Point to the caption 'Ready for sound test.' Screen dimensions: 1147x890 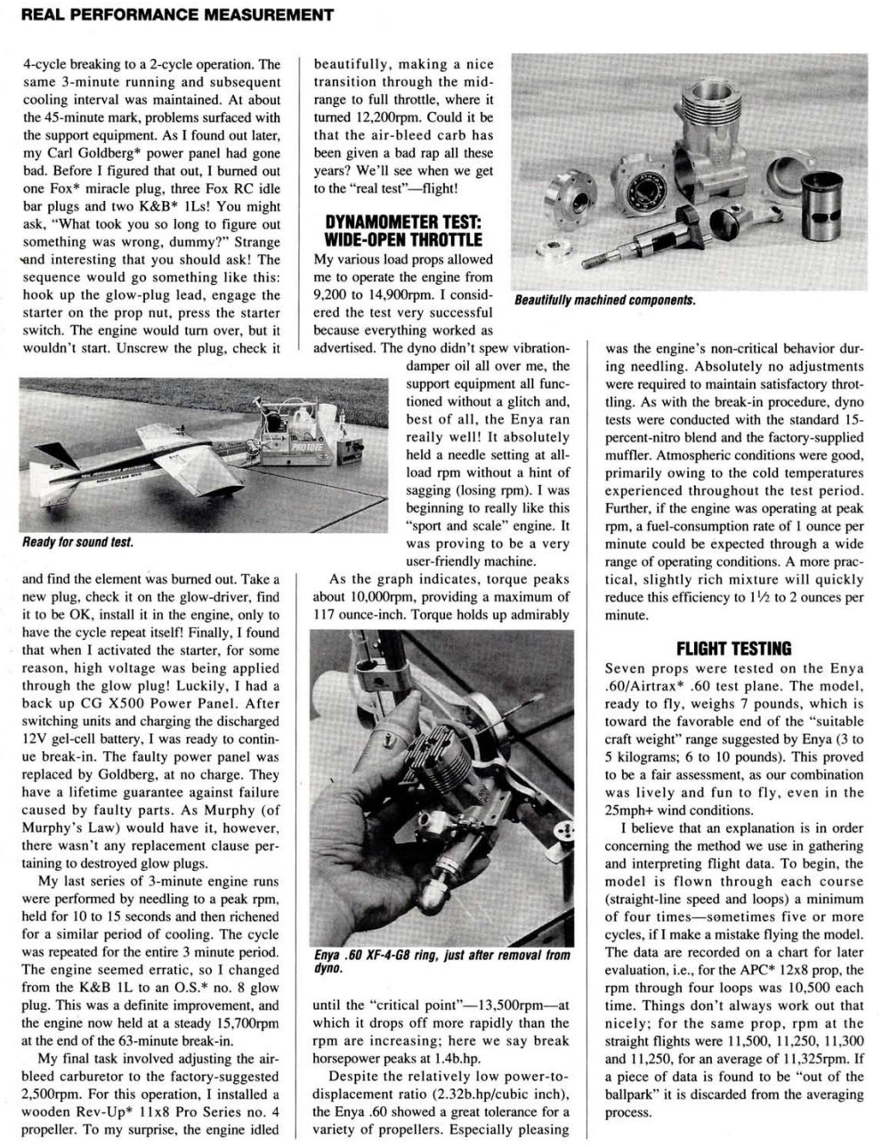[x=78, y=542]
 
